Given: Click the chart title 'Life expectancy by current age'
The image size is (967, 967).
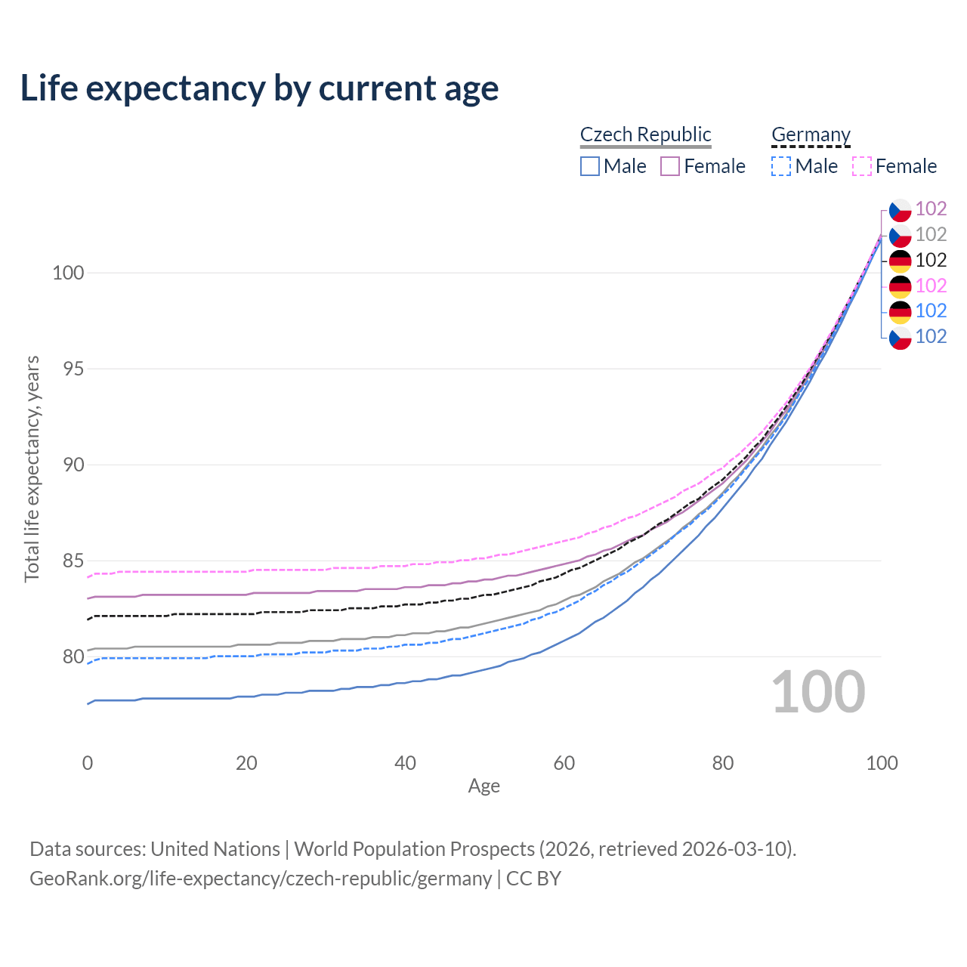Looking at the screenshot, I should coord(259,88).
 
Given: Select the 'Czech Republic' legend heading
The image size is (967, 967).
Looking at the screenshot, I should coord(645,134).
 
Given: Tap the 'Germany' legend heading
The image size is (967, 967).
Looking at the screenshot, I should coord(811,134).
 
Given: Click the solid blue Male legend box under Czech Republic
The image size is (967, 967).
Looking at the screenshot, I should coord(590,166).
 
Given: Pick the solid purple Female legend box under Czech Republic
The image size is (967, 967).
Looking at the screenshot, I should coord(670,166).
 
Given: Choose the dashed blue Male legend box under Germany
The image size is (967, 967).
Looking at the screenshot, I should coord(781,166).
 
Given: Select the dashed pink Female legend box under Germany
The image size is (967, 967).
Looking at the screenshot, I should coord(862,166).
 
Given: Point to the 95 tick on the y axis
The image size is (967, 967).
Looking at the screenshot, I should coord(68,369).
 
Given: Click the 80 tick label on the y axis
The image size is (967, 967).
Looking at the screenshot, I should coord(68,657).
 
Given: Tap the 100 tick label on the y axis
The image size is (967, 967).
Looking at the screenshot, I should coord(68,273).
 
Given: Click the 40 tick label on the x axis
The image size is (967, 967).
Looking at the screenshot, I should coord(405,763).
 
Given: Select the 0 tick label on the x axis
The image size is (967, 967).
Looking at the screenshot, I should coord(88,763).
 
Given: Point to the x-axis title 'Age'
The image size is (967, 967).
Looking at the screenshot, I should coord(483,786).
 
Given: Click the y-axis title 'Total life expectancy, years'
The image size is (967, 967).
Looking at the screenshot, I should coord(32,468).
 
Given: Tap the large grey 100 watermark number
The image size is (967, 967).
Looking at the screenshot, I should coord(818,692).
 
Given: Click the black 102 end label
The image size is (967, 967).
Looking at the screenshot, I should coord(931,261).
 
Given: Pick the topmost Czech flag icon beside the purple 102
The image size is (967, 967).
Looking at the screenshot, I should coord(900,209).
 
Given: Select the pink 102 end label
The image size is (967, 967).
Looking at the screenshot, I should coord(931,286).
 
